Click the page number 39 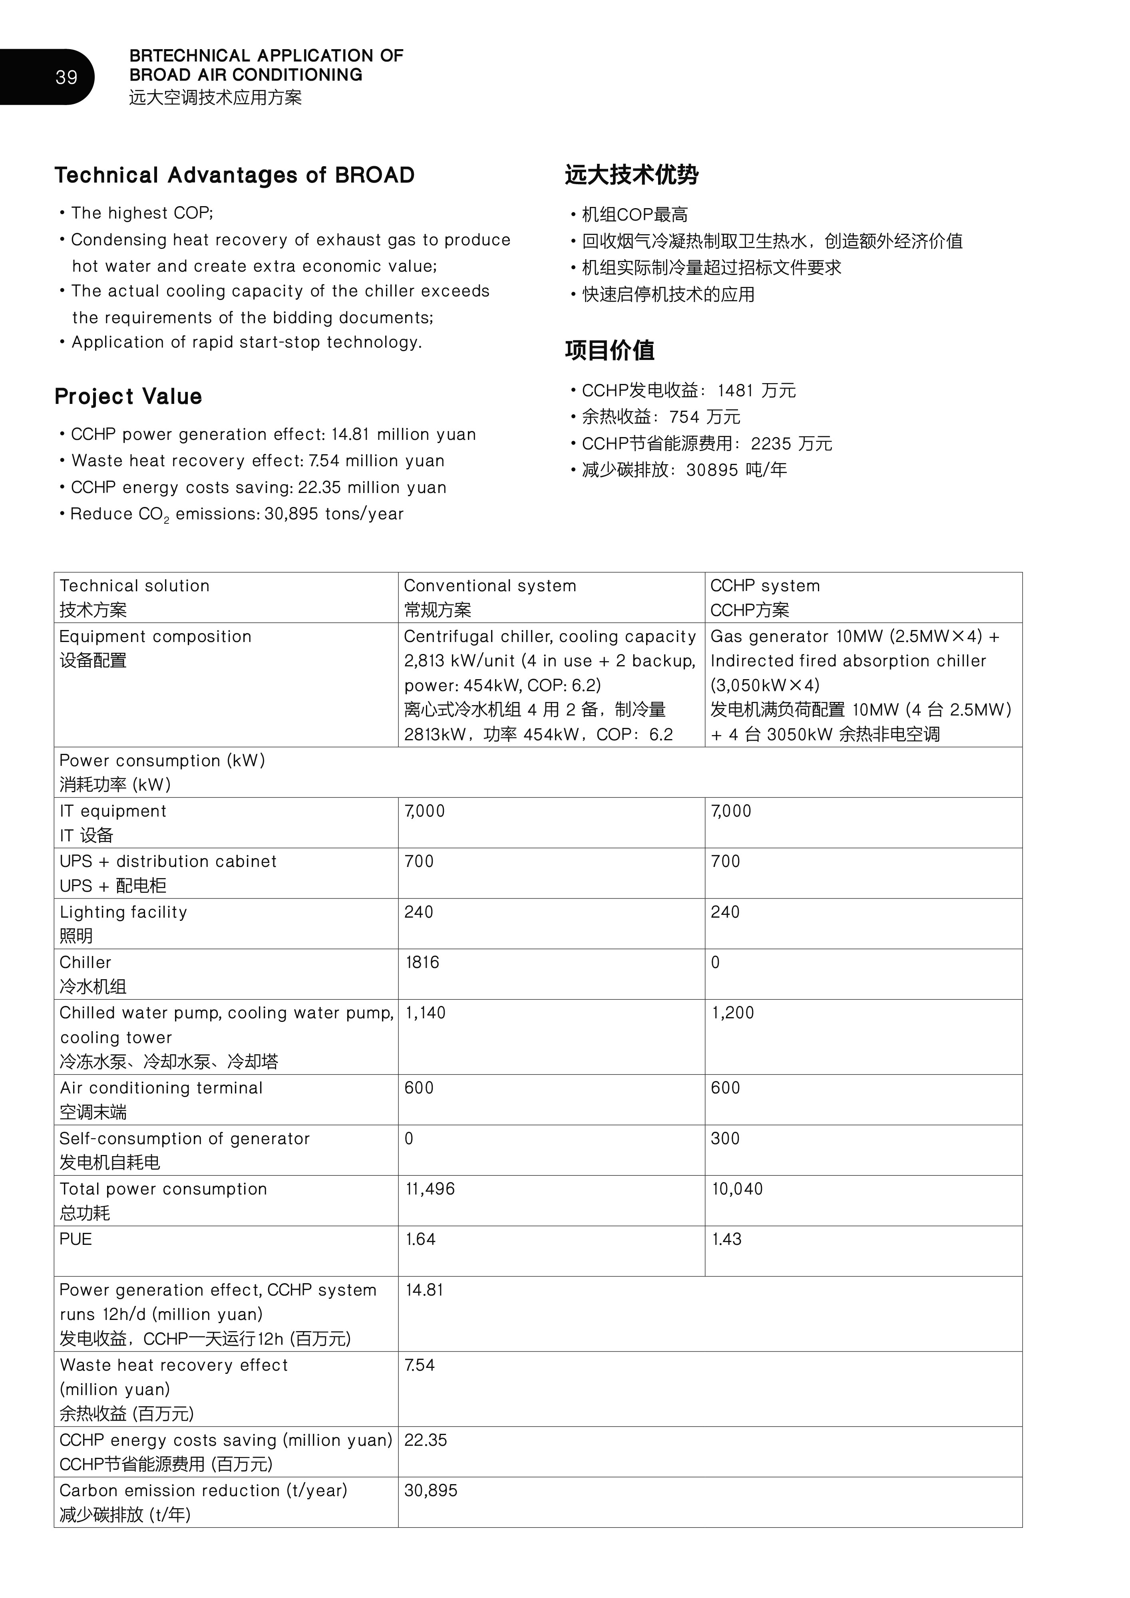66,77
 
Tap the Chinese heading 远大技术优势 631,174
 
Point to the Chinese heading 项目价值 609,350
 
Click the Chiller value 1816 422,962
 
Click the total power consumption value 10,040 737,1189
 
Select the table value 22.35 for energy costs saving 426,1440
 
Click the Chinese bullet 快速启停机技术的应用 668,294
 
